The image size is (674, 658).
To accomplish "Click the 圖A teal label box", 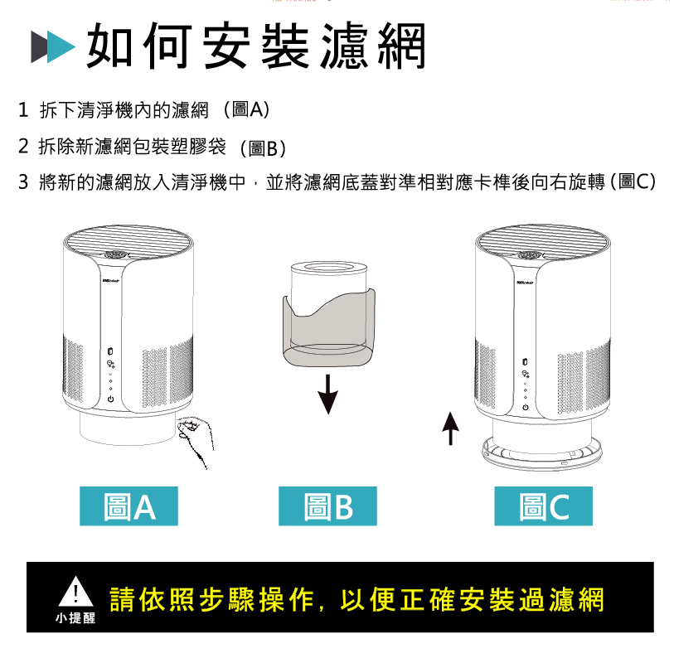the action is pyautogui.click(x=128, y=506).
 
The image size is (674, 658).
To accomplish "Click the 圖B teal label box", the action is pyautogui.click(x=329, y=506).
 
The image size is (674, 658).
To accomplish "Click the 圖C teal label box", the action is pyautogui.click(x=544, y=506).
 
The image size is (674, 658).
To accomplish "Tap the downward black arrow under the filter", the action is pyautogui.click(x=329, y=394).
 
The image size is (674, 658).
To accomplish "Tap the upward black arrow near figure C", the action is pyautogui.click(x=449, y=426).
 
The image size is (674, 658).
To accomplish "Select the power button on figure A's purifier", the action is pyautogui.click(x=109, y=399).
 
